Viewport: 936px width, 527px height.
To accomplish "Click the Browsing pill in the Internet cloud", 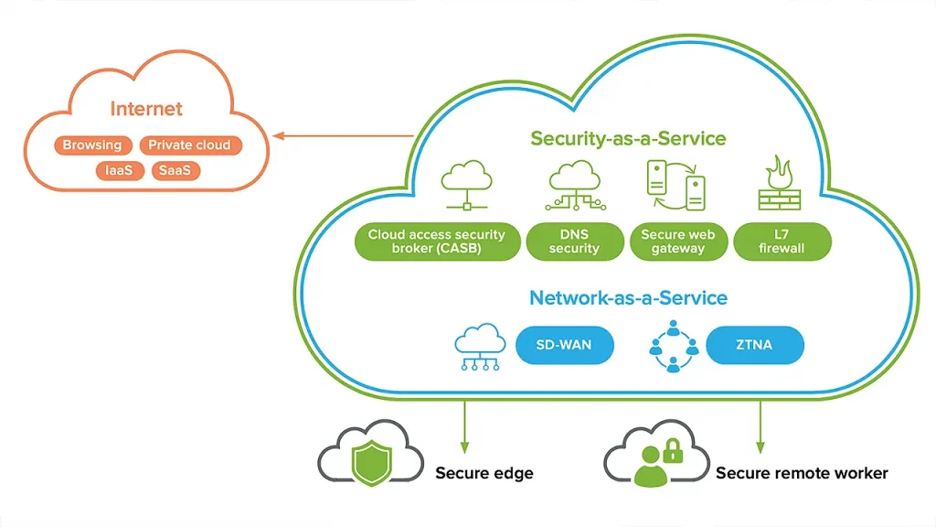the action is tap(92, 145).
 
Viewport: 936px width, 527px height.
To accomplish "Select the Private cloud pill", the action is tap(190, 145).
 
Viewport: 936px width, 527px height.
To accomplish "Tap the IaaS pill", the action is tap(120, 171).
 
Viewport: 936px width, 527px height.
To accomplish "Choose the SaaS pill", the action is tap(175, 171).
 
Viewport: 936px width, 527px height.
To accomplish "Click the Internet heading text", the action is tap(146, 109).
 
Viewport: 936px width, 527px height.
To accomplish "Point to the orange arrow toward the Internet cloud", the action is tap(344, 136).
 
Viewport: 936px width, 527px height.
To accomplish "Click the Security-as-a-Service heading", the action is tap(629, 139).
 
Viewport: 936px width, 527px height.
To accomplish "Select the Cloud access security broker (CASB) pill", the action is tap(437, 242).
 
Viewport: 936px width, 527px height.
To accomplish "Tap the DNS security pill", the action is tap(574, 242).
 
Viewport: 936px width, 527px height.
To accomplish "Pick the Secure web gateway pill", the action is tap(678, 242).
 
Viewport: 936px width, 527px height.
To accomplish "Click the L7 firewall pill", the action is tap(782, 242).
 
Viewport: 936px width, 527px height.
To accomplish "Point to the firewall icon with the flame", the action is tap(780, 183).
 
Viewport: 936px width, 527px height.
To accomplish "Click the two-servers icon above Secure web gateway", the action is tap(676, 185).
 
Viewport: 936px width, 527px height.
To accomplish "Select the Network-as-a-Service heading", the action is tap(629, 298).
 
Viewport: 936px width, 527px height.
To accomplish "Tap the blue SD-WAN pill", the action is tap(564, 345).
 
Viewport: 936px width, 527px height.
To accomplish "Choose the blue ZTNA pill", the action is tap(754, 345).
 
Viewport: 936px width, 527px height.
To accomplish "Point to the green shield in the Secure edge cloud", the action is tap(372, 463).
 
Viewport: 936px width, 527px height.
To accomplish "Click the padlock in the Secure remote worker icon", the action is tap(673, 451).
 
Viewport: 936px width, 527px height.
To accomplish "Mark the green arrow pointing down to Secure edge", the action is tap(464, 427).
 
